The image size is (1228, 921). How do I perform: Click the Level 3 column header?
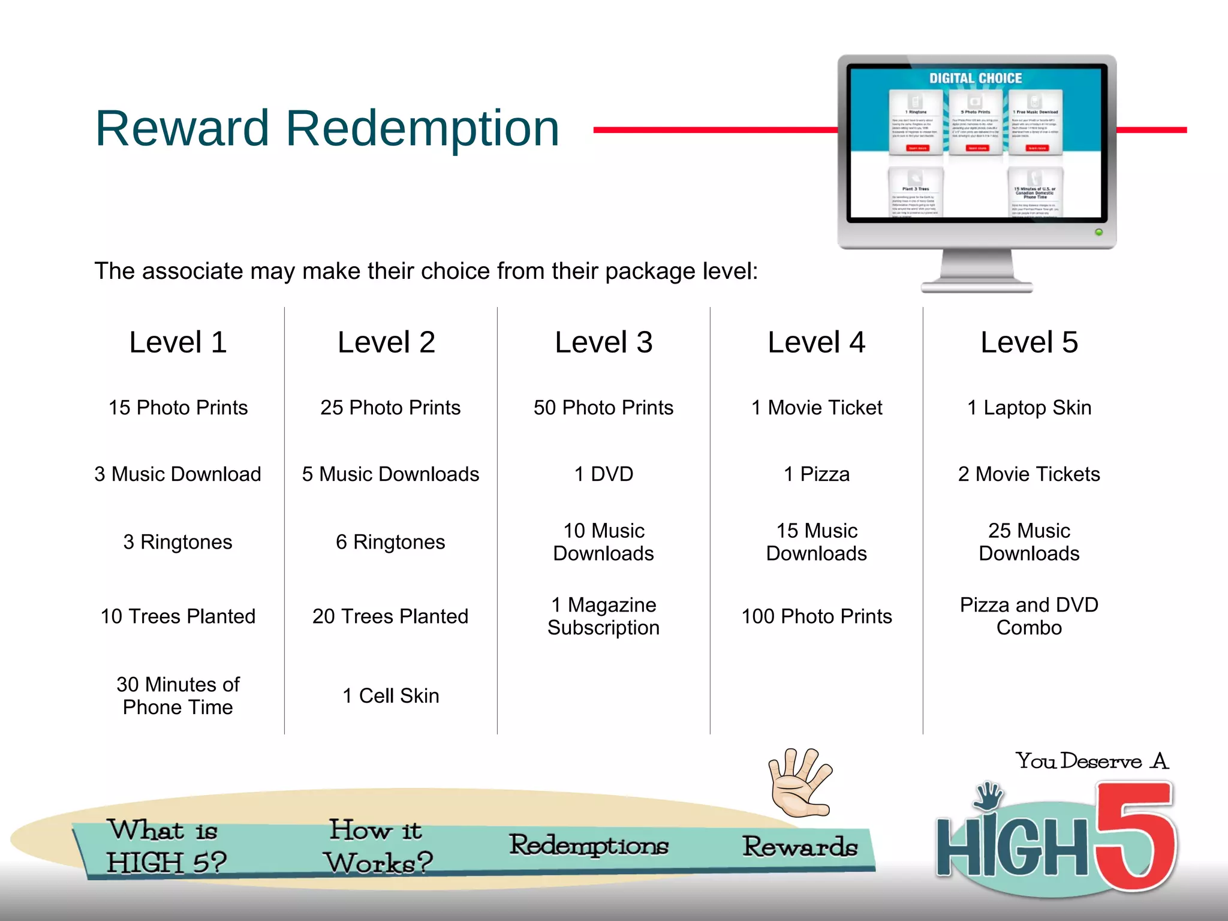(x=603, y=342)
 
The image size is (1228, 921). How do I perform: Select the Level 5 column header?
(x=1029, y=342)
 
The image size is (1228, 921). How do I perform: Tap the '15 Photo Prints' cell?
(x=178, y=408)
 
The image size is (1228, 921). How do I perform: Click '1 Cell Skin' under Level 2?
(x=391, y=696)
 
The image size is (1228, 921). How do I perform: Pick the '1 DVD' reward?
(x=603, y=474)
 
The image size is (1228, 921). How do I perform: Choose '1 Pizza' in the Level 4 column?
(x=817, y=474)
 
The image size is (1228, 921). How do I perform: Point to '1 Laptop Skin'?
(x=1029, y=408)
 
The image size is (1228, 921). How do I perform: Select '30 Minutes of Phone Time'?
(x=178, y=696)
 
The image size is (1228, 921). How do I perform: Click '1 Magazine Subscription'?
(x=603, y=616)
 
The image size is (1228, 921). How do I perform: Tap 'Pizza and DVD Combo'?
(x=1029, y=616)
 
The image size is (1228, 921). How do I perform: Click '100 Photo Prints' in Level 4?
(x=817, y=616)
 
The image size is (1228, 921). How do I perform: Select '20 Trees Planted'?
(x=390, y=616)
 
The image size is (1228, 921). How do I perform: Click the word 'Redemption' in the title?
(x=422, y=128)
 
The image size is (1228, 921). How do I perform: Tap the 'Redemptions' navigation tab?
(x=589, y=845)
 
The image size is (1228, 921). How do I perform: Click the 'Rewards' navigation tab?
(x=800, y=847)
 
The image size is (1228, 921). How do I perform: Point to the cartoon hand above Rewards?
(x=800, y=782)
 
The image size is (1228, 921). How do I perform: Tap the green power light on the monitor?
(x=1098, y=232)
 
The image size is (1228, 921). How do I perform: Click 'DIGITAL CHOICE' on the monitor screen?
(x=976, y=79)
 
